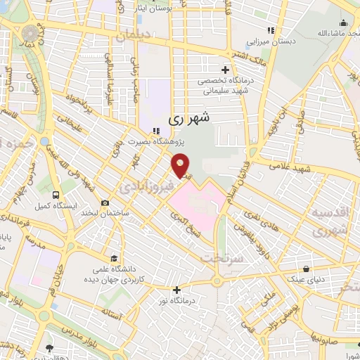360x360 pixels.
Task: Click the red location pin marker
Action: [181, 167]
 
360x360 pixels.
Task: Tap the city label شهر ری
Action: [189, 120]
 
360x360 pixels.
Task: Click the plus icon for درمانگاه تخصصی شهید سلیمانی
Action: [225, 70]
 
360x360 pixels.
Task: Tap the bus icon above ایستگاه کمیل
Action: [55, 196]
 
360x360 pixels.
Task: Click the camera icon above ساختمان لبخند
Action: [105, 202]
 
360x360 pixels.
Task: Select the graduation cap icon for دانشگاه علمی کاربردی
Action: [113, 258]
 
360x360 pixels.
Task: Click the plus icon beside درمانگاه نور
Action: [176, 290]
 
